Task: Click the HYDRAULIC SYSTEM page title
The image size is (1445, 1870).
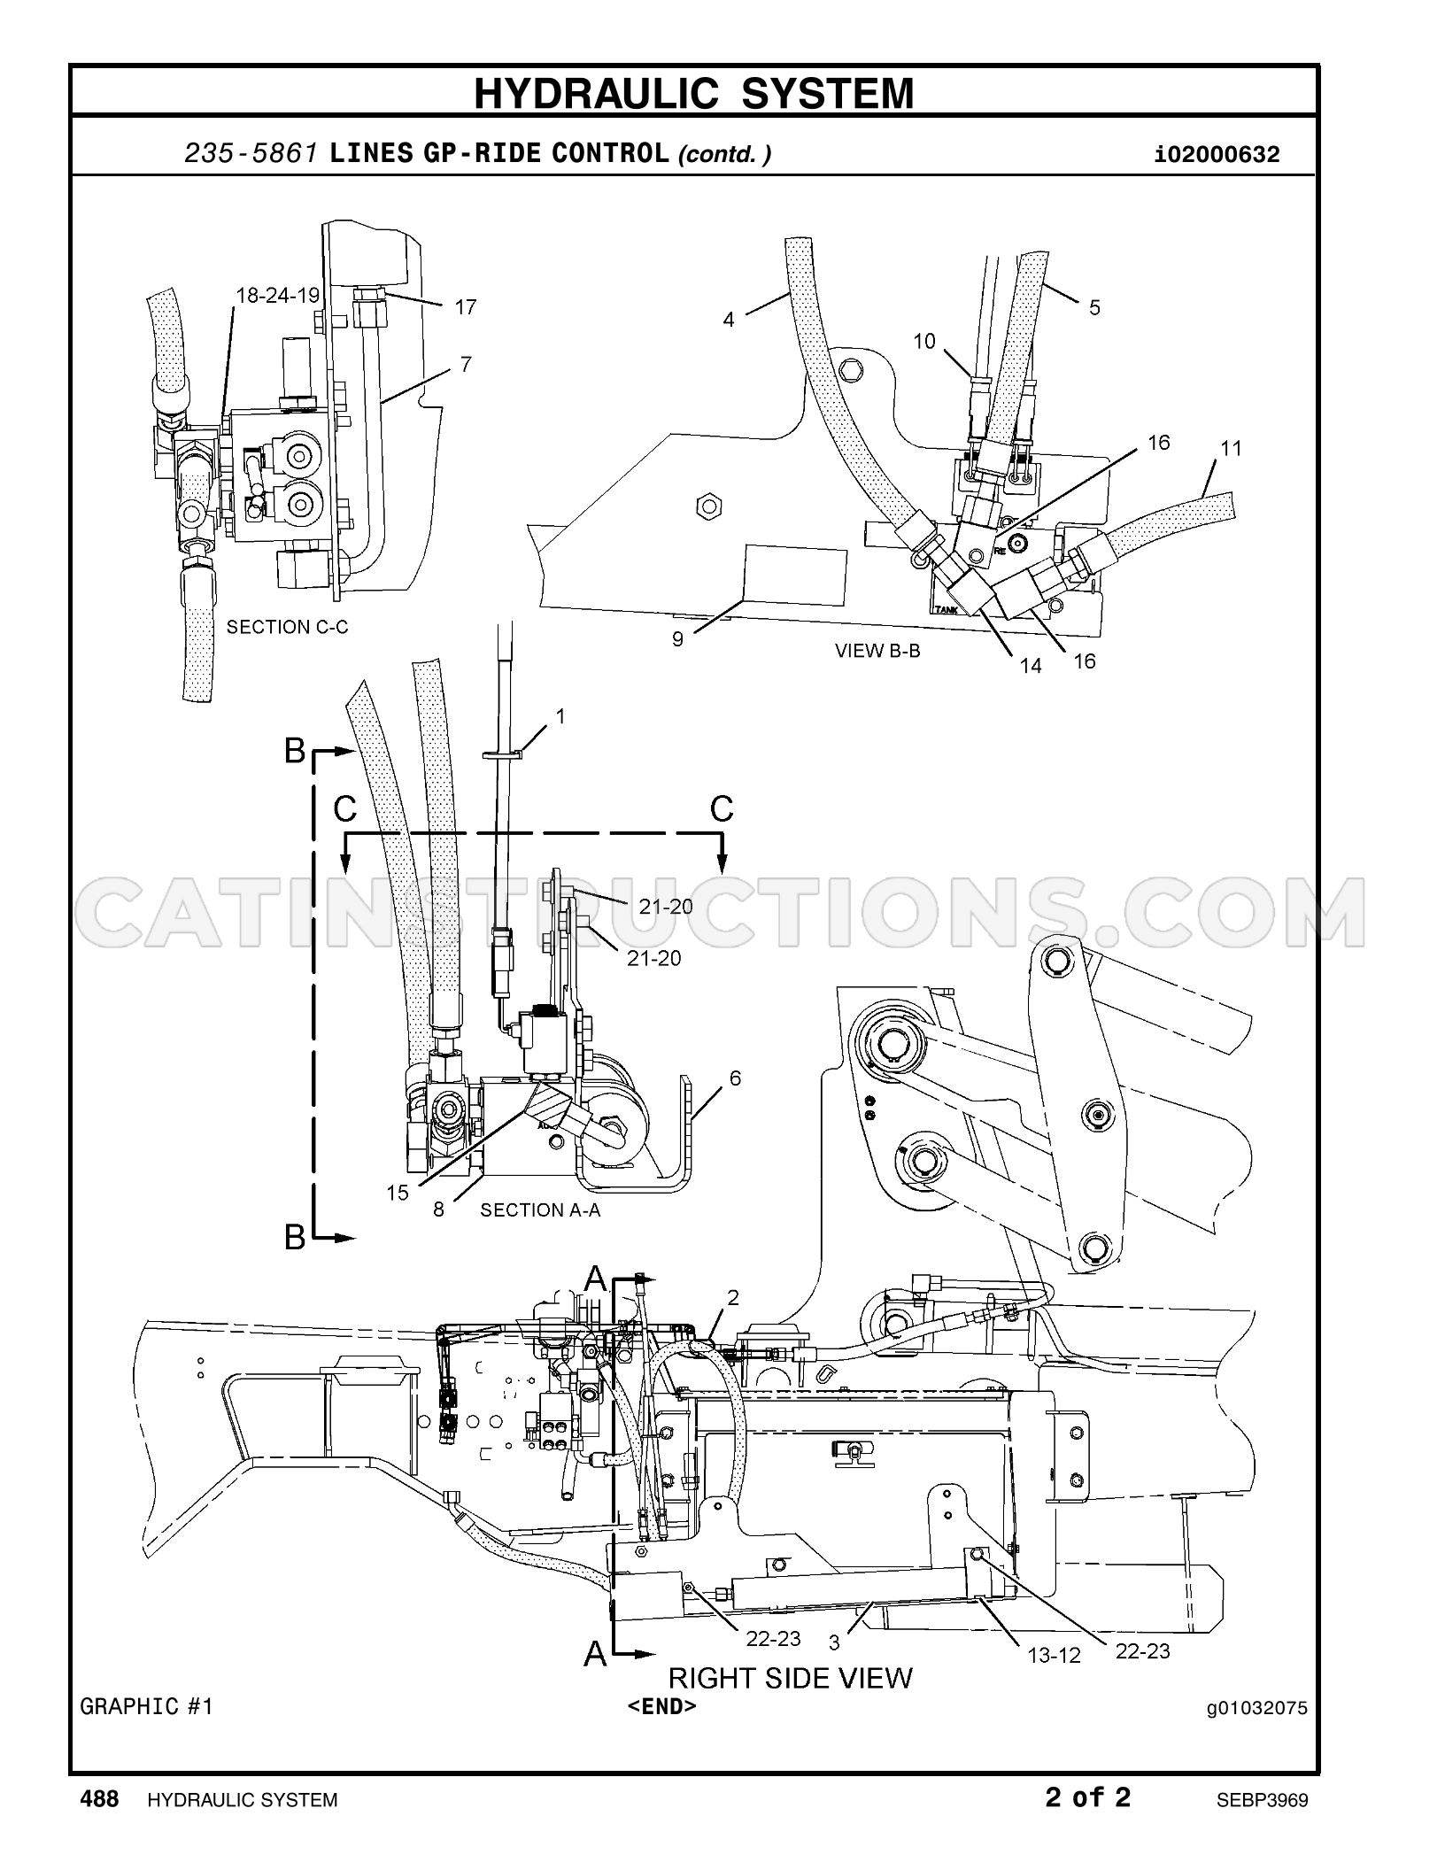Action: (694, 94)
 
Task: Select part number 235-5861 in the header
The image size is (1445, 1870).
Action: (251, 154)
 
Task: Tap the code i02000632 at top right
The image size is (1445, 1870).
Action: (1217, 156)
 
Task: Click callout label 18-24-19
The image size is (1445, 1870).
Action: (278, 296)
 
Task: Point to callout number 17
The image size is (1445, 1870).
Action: (466, 307)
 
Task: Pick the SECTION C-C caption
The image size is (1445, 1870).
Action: (288, 627)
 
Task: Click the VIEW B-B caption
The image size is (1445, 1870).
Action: (877, 651)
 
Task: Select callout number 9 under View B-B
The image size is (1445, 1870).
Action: (677, 638)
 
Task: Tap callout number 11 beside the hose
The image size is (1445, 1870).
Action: (1231, 448)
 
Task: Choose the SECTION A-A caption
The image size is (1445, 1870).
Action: (540, 1209)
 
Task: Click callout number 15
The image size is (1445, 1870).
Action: (398, 1193)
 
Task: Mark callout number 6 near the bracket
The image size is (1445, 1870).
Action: (735, 1078)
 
